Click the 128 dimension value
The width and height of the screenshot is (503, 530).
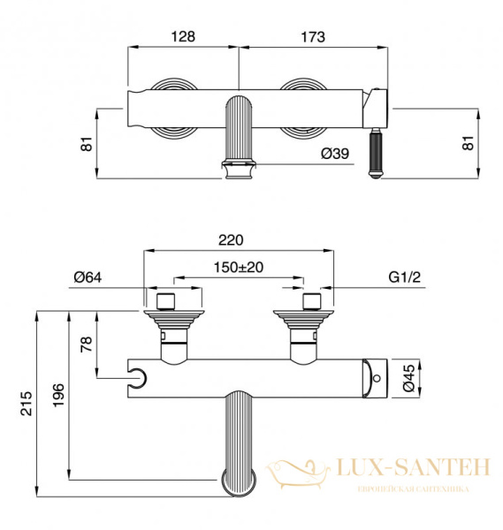point(183,36)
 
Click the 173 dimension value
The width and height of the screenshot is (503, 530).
point(313,36)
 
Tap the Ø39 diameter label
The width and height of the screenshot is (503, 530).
point(335,154)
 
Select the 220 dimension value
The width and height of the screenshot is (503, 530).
point(231,240)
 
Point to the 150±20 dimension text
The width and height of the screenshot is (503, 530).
point(239,268)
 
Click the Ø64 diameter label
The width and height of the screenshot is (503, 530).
point(88,277)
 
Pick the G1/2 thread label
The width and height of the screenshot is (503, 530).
point(405,276)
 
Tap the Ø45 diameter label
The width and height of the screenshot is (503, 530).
point(409,377)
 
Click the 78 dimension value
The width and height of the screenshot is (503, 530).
point(87,344)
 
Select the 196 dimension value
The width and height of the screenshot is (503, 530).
point(58,395)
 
